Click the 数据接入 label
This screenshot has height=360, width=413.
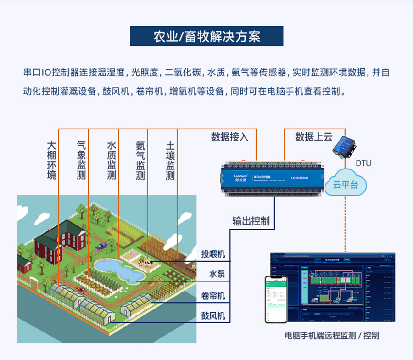tap(229, 137)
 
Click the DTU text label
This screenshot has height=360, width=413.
tap(363, 163)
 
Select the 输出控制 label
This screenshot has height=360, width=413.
tap(251, 221)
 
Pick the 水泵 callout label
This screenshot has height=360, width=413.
tap(217, 274)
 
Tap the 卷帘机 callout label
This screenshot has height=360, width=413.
tap(213, 296)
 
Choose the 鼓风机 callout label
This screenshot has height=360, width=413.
tap(213, 316)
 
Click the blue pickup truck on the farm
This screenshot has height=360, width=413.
tap(101, 246)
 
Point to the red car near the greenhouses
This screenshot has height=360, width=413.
tap(81, 290)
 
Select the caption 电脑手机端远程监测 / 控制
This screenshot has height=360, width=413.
tap(332, 336)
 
